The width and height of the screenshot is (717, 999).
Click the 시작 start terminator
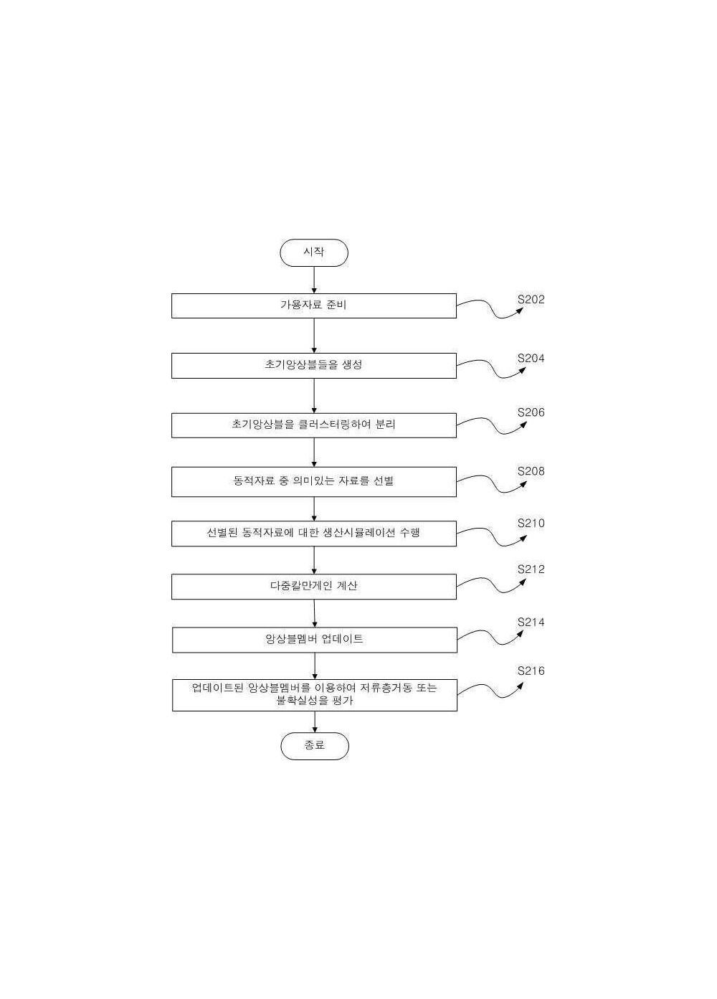pos(314,252)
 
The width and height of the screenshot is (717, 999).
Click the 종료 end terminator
pos(314,746)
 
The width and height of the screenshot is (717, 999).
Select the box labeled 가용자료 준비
pos(314,306)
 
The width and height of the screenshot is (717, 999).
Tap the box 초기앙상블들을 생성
pos(314,366)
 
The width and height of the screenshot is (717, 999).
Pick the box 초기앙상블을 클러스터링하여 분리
pos(314,425)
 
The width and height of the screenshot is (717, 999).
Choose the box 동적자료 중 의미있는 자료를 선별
pos(314,482)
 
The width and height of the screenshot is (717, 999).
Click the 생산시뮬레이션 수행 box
pos(314,534)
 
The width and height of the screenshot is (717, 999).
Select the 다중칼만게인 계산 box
pos(314,587)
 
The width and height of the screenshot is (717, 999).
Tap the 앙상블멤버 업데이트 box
pos(315,640)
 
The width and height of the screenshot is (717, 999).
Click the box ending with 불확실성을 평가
pos(315,695)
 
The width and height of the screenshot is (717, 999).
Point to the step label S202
pos(531,299)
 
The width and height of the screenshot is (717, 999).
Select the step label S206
pos(531,412)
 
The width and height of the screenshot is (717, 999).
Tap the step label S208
pos(531,471)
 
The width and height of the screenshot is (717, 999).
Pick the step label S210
pos(531,523)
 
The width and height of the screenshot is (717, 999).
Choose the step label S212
pos(531,569)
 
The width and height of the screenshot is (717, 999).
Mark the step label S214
pos(531,622)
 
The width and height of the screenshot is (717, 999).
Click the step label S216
pos(531,671)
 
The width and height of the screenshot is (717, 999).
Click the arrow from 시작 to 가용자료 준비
pos(314,280)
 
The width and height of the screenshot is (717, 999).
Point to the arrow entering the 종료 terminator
pos(315,721)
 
